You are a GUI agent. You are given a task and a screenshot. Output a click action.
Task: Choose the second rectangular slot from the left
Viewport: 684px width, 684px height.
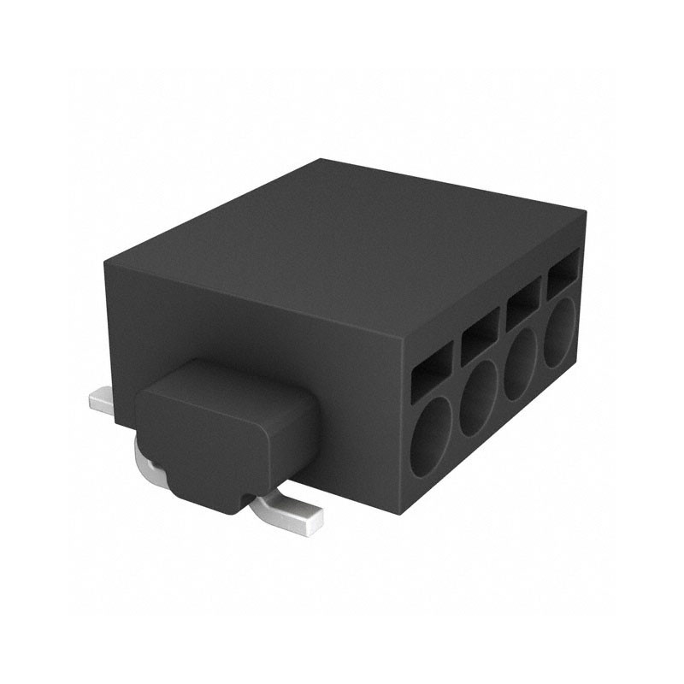480,333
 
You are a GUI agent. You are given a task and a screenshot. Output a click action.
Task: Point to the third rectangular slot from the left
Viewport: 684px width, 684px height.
522,304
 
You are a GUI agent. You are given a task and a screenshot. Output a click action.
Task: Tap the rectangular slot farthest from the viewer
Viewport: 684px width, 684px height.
562,275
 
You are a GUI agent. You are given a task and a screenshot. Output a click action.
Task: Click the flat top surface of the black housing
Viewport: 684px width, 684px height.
351,248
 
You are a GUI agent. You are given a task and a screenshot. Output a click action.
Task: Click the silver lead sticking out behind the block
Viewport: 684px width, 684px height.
103,402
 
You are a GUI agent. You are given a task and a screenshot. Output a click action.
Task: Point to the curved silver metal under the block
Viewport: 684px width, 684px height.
150,462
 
